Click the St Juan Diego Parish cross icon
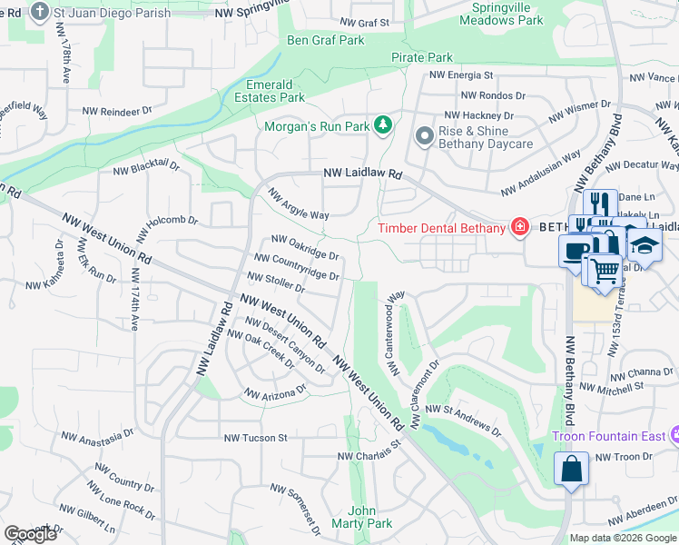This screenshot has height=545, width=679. (39, 12)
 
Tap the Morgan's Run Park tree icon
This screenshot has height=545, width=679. (384, 124)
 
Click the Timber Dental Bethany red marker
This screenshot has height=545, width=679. (520, 227)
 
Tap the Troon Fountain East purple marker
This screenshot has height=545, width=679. (674, 436)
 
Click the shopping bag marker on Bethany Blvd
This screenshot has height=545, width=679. (571, 470)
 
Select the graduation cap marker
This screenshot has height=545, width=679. (645, 246)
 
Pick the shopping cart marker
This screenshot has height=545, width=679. (603, 270)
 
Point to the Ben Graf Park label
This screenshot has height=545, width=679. (325, 40)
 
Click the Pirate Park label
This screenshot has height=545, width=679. (422, 57)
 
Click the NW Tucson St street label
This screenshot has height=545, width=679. (255, 437)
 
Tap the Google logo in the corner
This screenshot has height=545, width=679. (30, 534)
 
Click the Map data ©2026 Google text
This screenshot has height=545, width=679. (623, 538)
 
